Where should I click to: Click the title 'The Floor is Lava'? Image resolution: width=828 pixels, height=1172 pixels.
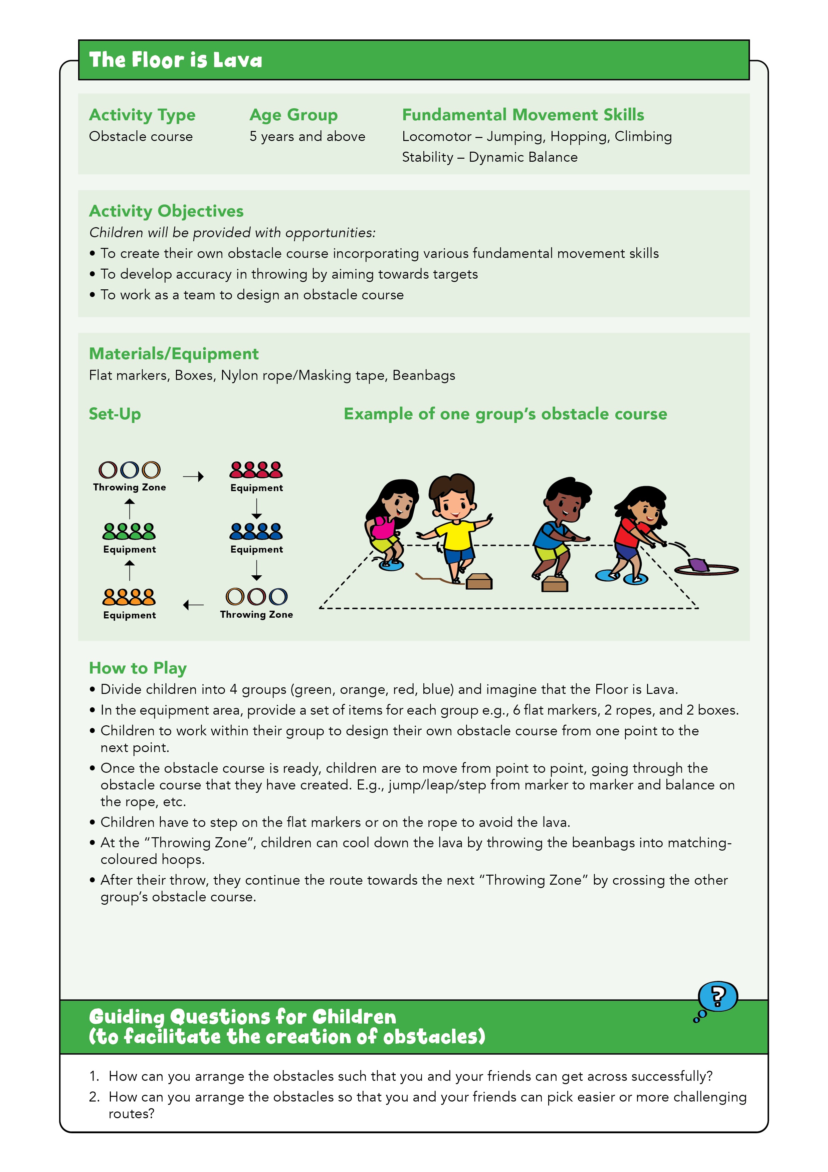click(176, 60)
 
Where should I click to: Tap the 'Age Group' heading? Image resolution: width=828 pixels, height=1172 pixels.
click(293, 115)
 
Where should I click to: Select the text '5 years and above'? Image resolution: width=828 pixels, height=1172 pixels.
click(307, 136)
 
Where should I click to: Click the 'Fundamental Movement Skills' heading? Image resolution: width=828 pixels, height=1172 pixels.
click(523, 115)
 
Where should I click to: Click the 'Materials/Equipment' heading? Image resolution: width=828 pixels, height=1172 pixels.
click(174, 354)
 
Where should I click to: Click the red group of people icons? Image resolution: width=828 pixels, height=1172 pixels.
click(256, 470)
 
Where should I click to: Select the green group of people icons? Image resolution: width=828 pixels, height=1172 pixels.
click(129, 532)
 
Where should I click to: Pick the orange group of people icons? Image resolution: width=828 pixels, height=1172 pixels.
click(129, 597)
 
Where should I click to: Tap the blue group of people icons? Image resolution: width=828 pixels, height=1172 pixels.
click(256, 532)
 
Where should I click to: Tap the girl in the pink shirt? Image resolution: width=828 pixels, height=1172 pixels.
click(390, 521)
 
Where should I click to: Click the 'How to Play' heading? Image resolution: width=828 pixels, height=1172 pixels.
click(138, 668)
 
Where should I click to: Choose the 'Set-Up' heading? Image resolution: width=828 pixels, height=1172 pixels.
click(115, 414)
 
